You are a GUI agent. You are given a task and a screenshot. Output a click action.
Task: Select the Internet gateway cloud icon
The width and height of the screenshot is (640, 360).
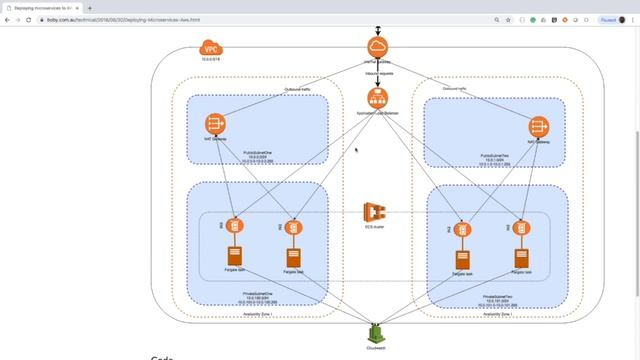pyautogui.click(x=379, y=48)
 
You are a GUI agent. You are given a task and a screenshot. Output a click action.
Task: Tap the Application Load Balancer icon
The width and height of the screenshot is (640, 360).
pyautogui.click(x=378, y=98)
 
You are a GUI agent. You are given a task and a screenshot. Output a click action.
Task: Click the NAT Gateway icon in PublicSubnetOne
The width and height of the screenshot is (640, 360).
pyautogui.click(x=215, y=124)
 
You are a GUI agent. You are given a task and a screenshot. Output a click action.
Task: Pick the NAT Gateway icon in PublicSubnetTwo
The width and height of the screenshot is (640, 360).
pyautogui.click(x=539, y=126)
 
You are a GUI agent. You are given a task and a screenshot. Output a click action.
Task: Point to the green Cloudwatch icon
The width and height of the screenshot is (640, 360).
pyautogui.click(x=376, y=332)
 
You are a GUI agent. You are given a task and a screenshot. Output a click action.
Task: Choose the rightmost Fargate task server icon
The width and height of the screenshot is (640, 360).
pyautogui.click(x=521, y=258)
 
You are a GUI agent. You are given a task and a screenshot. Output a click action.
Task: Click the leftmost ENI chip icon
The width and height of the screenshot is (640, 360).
pyautogui.click(x=236, y=227)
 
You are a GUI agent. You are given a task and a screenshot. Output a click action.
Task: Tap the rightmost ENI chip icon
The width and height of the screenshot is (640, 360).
pyautogui.click(x=521, y=229)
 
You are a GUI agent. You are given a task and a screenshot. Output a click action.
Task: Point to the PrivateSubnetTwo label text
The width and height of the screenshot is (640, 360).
pyautogui.click(x=497, y=296)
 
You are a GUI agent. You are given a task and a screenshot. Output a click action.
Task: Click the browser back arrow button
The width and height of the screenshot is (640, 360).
pyautogui.click(x=7, y=20)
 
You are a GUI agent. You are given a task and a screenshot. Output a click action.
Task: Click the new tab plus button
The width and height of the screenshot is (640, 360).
pyautogui.click(x=90, y=7)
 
